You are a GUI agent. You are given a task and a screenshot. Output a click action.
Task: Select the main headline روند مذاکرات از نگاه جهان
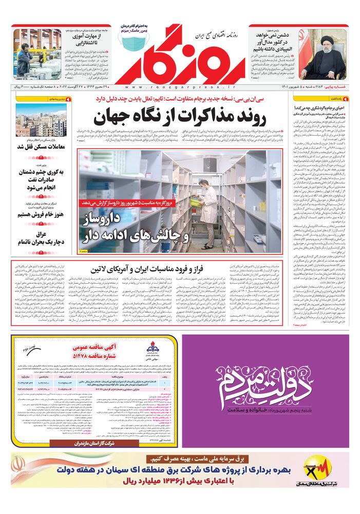[180, 117]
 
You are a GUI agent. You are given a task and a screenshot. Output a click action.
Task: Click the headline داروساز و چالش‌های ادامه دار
[137, 229]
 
